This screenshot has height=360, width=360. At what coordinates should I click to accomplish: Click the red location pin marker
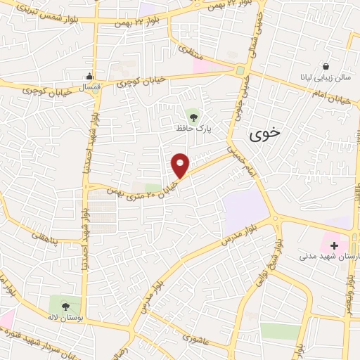pyautogui.click(x=181, y=165)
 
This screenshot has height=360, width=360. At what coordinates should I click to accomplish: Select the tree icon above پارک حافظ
pyautogui.click(x=193, y=115)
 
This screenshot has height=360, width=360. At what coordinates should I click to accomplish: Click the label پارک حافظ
pyautogui.click(x=193, y=129)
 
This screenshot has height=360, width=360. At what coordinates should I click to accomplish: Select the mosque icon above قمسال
pyautogui.click(x=89, y=77)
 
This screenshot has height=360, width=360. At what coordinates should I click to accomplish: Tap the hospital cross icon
pyautogui.click(x=334, y=246)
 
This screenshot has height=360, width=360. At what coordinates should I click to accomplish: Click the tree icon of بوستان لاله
pyautogui.click(x=65, y=306)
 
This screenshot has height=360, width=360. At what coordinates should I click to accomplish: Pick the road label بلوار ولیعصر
pyautogui.click(x=349, y=288)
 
